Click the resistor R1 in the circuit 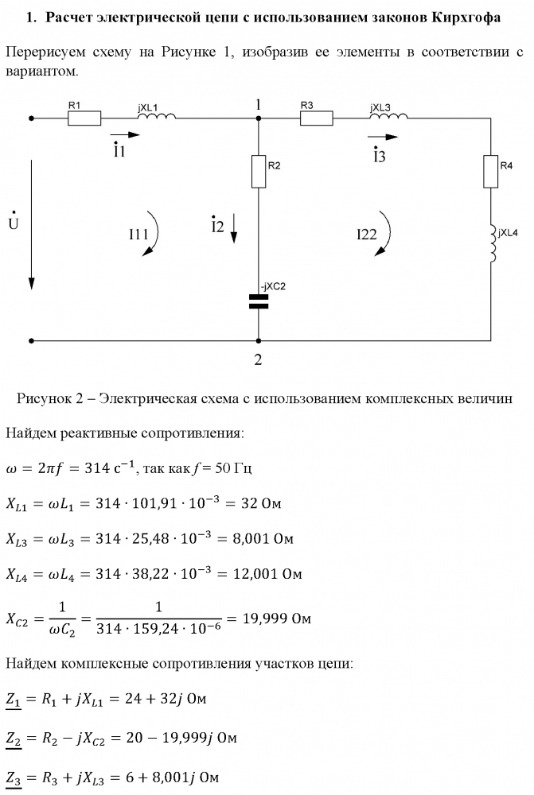click(x=84, y=118)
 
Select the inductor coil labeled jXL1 click(x=156, y=116)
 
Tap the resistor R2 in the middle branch click(x=259, y=171)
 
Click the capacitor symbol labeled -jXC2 click(x=259, y=301)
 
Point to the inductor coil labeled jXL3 click(x=388, y=116)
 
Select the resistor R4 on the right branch click(x=490, y=171)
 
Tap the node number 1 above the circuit click(x=258, y=104)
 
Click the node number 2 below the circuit click(x=258, y=359)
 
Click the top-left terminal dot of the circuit click(x=32, y=118)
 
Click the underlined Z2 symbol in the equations click(x=14, y=739)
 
